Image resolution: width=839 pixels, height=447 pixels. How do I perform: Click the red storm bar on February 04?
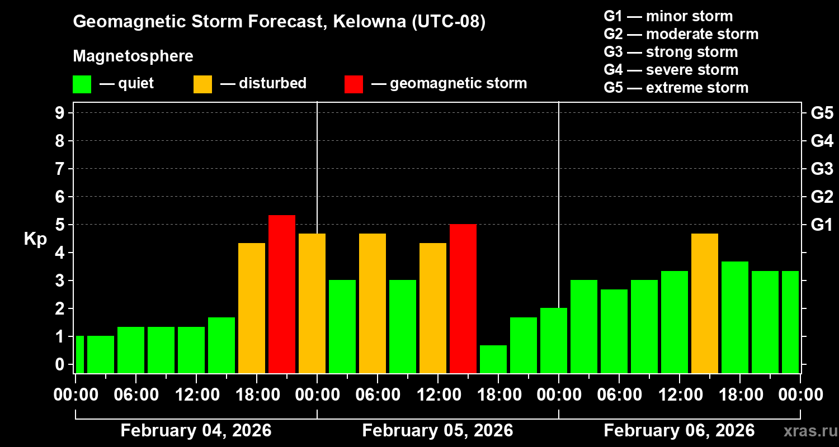(281, 294)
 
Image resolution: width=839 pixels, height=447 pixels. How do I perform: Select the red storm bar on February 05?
(463, 298)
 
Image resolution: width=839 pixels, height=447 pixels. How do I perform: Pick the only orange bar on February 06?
(704, 303)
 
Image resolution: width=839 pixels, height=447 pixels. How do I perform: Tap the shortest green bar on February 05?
(493, 359)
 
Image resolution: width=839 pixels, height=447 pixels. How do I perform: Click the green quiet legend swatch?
(82, 84)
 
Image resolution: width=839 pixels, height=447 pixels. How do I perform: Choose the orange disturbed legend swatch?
(202, 84)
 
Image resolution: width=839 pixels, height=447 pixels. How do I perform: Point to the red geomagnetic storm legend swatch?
(353, 84)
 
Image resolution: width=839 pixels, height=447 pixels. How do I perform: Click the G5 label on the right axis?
(822, 113)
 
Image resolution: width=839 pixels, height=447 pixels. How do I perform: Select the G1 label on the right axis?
(822, 225)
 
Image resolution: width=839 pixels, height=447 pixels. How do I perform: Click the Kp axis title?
(35, 239)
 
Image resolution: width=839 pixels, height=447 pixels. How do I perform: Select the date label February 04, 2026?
(196, 431)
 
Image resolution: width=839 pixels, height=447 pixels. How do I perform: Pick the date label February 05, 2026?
(437, 431)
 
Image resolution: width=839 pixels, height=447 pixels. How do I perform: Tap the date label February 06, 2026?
(679, 431)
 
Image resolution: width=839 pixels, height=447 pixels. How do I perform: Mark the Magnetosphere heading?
(133, 56)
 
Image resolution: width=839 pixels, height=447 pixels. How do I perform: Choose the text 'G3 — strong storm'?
(671, 52)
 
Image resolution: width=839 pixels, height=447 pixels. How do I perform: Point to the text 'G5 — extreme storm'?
(676, 88)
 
